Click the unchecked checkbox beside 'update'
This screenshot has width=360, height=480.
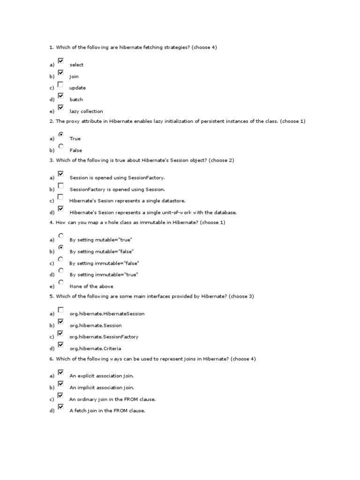[x=60, y=84]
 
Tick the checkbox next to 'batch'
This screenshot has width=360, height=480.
[x=60, y=96]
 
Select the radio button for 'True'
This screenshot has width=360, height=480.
[x=61, y=134]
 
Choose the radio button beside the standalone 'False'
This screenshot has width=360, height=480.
[x=61, y=146]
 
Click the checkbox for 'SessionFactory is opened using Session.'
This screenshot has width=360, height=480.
[x=60, y=186]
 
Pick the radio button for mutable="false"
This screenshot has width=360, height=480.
[x=61, y=247]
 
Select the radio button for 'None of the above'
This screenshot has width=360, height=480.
[x=61, y=282]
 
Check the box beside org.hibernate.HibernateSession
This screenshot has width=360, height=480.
[x=60, y=309]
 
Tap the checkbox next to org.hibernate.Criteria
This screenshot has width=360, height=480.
[x=60, y=345]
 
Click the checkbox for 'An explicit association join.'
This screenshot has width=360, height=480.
[x=60, y=372]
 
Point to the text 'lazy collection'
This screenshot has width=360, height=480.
[x=86, y=112]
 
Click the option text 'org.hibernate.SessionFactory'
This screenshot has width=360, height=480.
[x=104, y=337]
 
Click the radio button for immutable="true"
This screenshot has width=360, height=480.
[x=61, y=270]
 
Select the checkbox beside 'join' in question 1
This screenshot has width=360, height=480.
[x=60, y=73]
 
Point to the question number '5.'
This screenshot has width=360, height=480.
[x=52, y=297]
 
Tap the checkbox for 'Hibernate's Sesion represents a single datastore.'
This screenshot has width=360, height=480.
[x=60, y=197]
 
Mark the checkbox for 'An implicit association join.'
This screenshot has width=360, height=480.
[x=60, y=384]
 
